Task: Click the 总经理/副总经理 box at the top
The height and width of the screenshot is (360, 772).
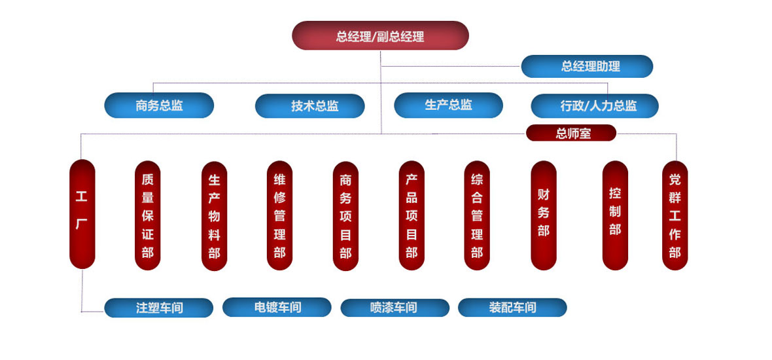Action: point(380,35)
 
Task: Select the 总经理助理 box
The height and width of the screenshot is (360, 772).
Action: point(587,66)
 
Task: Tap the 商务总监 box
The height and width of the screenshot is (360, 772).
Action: point(159,105)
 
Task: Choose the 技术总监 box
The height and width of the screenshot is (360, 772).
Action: point(309,106)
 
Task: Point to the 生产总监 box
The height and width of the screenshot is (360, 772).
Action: point(448,105)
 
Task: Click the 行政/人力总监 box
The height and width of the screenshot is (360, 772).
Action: point(595,105)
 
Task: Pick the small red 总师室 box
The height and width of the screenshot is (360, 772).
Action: point(571,134)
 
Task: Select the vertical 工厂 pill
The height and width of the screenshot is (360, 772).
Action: point(82,213)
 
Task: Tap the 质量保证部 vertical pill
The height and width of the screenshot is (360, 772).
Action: point(148,215)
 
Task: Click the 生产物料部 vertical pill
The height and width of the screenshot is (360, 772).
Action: point(215,215)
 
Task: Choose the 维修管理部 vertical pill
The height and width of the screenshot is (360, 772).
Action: point(280,215)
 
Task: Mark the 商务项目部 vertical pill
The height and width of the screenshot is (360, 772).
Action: point(345,215)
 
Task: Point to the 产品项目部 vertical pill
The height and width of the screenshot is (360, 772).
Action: point(412,215)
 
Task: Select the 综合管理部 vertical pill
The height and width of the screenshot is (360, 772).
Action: point(477,215)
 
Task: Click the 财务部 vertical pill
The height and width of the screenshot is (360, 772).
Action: point(544,215)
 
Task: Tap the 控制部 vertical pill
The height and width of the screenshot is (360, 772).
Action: point(615,215)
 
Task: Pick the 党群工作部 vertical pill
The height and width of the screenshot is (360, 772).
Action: point(675,215)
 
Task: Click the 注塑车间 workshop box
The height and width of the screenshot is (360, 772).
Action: point(159,308)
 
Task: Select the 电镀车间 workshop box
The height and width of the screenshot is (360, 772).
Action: point(277,307)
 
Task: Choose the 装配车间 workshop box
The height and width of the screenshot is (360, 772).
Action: point(512,307)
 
